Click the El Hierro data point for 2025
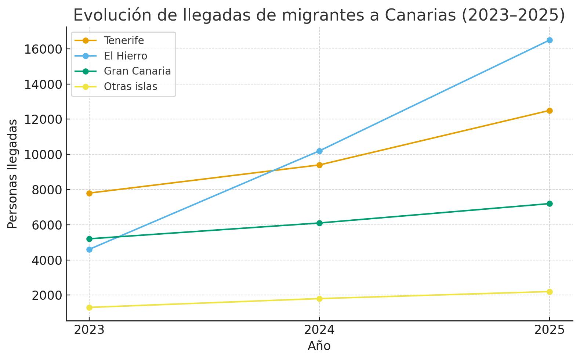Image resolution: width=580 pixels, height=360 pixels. (x=550, y=40)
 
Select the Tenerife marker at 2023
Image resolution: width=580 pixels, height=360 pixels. (x=89, y=193)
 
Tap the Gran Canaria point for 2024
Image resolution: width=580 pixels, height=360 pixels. (x=319, y=223)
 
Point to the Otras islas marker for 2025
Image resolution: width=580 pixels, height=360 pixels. (x=550, y=292)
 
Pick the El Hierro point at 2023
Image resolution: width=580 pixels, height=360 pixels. (x=89, y=249)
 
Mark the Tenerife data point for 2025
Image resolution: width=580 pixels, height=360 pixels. (x=550, y=111)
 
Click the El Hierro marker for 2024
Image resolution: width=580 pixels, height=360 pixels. (x=319, y=151)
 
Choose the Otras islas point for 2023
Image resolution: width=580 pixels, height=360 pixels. (x=89, y=307)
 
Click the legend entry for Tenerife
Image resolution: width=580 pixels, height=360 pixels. (x=124, y=40)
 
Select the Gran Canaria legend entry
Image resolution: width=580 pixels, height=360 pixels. (x=137, y=71)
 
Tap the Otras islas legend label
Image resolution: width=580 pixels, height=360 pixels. (x=130, y=86)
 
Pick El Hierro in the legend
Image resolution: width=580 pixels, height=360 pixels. (x=125, y=56)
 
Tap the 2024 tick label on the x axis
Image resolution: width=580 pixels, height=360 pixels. (x=319, y=330)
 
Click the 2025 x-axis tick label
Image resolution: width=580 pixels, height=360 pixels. (x=550, y=330)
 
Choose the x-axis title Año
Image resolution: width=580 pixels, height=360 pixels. (x=319, y=346)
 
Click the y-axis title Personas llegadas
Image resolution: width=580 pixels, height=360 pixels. (x=12, y=174)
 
